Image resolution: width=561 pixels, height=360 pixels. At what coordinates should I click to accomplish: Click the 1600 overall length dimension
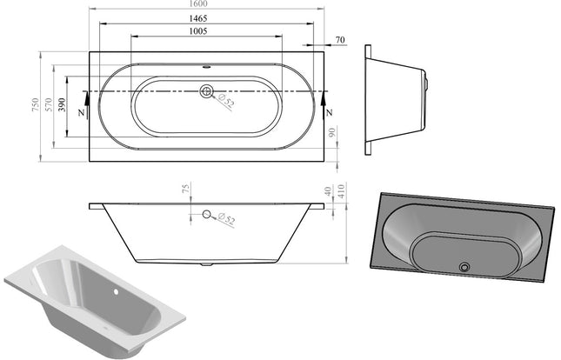click(x=207, y=4)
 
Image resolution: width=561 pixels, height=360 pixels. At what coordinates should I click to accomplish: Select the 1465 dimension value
click(x=207, y=17)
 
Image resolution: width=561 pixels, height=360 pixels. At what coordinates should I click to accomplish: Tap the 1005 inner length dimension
click(x=207, y=30)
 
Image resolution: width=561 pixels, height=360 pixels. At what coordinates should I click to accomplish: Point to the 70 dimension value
click(x=339, y=40)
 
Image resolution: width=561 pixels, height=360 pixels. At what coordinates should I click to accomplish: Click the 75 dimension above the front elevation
click(x=184, y=190)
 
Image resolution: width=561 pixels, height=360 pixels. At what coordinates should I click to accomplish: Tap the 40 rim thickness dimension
click(x=327, y=191)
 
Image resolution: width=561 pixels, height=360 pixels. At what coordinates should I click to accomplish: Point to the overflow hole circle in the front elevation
click(x=207, y=215)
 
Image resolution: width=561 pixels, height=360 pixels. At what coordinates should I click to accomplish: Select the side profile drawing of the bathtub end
click(x=397, y=100)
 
